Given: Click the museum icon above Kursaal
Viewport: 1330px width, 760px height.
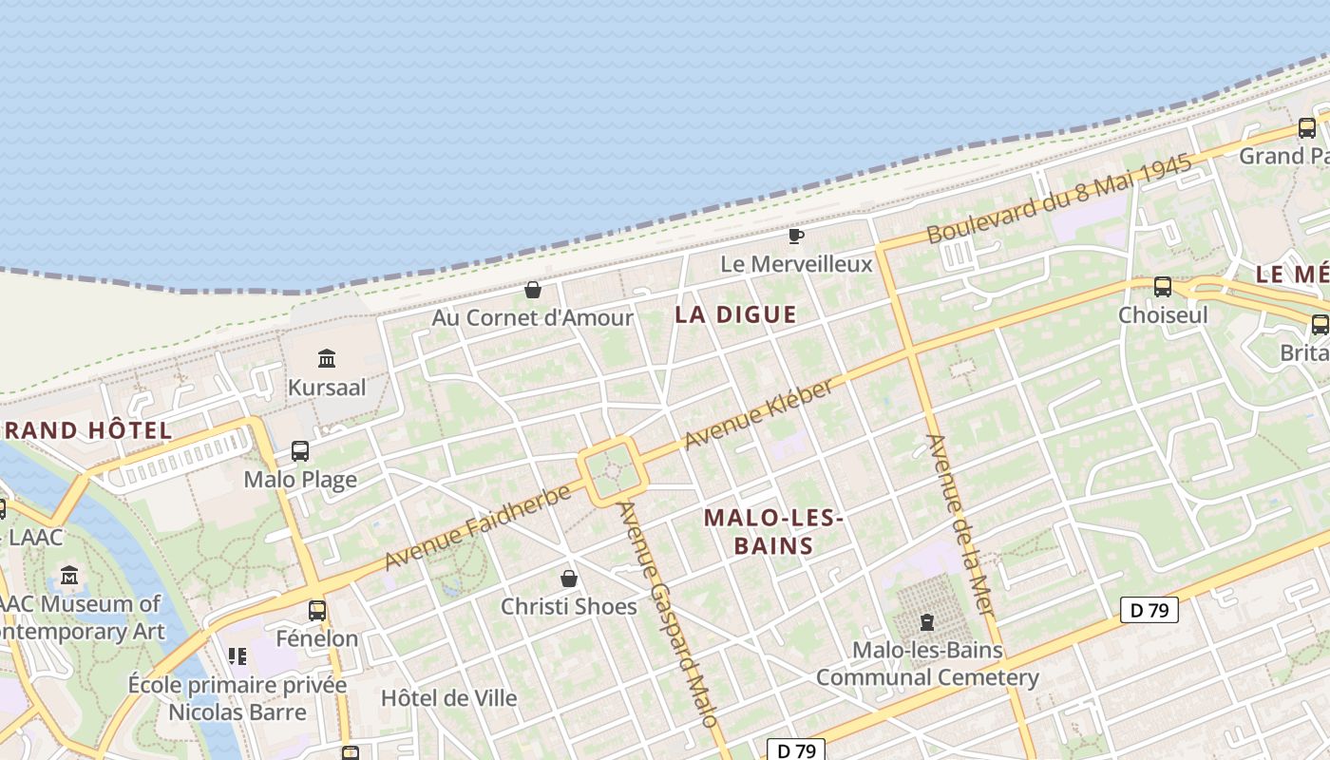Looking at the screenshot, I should [328, 358].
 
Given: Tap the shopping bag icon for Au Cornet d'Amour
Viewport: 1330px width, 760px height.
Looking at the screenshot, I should [533, 289].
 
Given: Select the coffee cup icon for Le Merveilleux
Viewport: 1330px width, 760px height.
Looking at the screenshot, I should [796, 236].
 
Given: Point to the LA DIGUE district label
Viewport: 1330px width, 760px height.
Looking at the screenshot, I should [735, 314].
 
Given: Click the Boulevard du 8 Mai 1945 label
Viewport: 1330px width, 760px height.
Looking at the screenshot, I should [1058, 200].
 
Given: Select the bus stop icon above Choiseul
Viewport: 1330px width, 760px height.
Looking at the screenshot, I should [1162, 286].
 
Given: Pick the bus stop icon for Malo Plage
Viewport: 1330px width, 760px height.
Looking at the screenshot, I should [300, 451].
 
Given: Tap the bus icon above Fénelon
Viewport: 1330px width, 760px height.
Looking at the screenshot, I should [317, 610].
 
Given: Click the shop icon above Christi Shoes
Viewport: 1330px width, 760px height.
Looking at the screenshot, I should [569, 578].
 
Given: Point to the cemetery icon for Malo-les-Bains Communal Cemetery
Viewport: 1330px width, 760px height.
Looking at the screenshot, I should [926, 623].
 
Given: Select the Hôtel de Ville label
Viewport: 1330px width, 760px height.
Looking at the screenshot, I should [448, 698].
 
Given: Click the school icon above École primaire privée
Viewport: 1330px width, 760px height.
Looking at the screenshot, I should [237, 655].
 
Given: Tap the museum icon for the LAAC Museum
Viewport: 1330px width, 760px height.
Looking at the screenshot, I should [69, 575].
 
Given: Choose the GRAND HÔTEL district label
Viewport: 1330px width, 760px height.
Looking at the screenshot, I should [87, 430].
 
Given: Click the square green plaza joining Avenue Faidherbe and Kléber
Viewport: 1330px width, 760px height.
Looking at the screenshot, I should [613, 471].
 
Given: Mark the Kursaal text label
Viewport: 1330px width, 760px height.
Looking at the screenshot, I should [327, 388].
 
